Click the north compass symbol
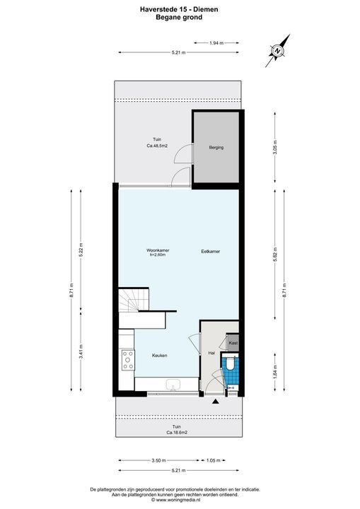tap(279, 50)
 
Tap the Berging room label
tap(216, 148)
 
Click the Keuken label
tap(160, 356)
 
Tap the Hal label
tap(211, 353)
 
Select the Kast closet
tap(233, 343)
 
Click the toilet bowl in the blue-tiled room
tap(229, 365)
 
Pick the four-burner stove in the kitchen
tap(127, 361)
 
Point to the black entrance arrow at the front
tap(215, 402)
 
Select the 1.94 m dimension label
tap(216, 43)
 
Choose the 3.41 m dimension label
tap(81, 356)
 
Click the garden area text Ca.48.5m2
tap(157, 146)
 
